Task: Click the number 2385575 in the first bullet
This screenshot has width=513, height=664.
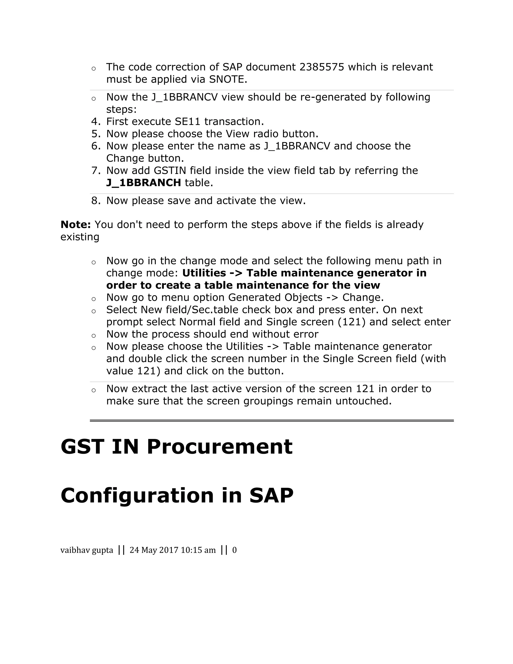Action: (x=322, y=67)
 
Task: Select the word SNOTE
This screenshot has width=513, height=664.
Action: (x=228, y=79)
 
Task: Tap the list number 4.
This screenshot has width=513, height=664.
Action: (x=96, y=122)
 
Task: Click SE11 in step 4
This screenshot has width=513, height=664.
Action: (x=187, y=122)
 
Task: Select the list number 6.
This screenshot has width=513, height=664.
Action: (x=96, y=146)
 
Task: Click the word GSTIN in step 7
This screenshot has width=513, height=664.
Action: (x=170, y=171)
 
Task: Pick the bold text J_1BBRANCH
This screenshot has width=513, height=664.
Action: (x=144, y=183)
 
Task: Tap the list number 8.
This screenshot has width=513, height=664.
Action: (x=96, y=201)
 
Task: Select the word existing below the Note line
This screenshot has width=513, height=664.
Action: (x=80, y=237)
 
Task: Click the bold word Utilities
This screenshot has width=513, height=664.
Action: (x=204, y=273)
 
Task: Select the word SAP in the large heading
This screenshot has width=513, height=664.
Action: (x=271, y=495)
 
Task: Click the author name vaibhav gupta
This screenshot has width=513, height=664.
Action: (x=87, y=550)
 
